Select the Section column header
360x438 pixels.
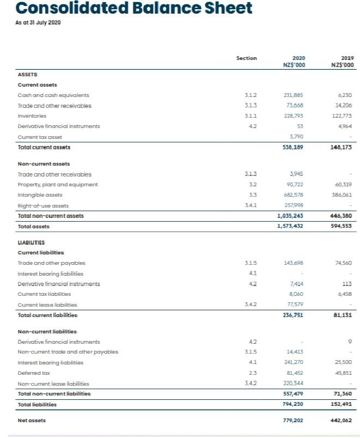246,58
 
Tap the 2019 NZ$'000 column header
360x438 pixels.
343,62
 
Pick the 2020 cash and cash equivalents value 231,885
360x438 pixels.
295,95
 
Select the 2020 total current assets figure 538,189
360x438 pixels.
294,147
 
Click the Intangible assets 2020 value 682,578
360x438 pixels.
295,195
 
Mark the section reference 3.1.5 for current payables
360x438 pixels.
246,264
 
